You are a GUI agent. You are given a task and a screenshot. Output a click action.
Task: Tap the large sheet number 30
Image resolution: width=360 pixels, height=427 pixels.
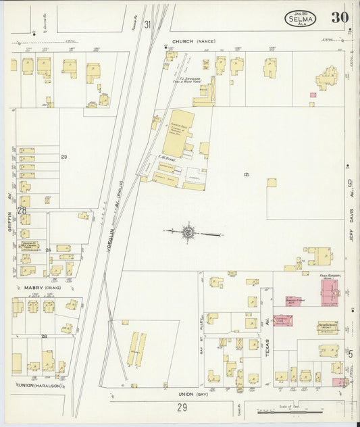(x=340, y=18)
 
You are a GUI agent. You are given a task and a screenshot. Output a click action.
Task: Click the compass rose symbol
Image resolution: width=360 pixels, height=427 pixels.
(x=188, y=233)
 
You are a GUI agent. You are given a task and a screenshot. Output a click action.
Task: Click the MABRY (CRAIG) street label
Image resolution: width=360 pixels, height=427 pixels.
(x=43, y=287)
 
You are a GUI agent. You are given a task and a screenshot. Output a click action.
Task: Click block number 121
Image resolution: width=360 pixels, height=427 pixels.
(x=247, y=174)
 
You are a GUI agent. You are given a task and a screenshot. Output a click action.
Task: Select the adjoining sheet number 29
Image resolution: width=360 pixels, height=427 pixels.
(x=182, y=407)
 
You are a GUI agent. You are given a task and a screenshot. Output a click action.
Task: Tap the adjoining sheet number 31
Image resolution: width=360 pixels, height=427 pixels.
(x=147, y=24)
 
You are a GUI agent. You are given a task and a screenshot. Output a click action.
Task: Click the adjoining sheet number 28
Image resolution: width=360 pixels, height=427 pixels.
(x=22, y=211)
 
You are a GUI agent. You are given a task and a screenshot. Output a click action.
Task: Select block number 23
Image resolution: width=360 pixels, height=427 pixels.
(x=64, y=157)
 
